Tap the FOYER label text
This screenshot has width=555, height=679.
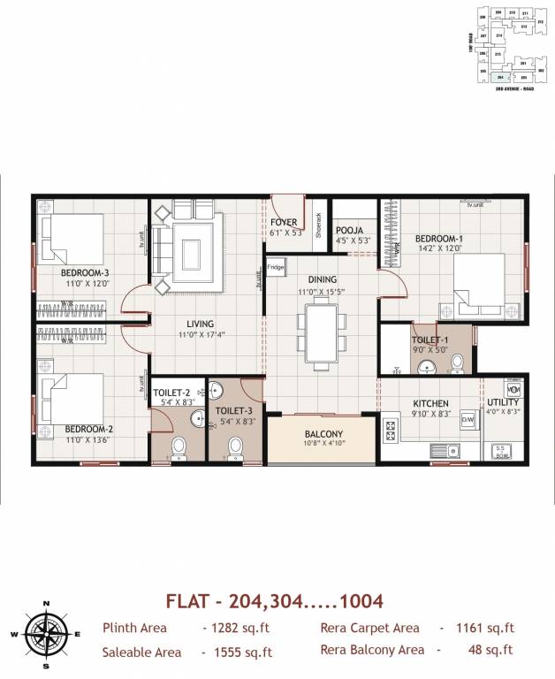point(284,222)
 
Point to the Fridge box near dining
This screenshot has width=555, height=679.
point(276,267)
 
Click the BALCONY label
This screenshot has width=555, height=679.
point(323,434)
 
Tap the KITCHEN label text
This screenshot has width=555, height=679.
point(431,403)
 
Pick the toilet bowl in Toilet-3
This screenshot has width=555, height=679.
point(236,449)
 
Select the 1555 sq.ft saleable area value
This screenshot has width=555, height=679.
point(237,652)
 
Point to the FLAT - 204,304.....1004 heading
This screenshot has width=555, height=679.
point(274,601)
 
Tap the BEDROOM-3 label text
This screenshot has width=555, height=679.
point(85,273)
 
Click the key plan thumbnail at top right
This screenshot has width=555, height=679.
point(506,44)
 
